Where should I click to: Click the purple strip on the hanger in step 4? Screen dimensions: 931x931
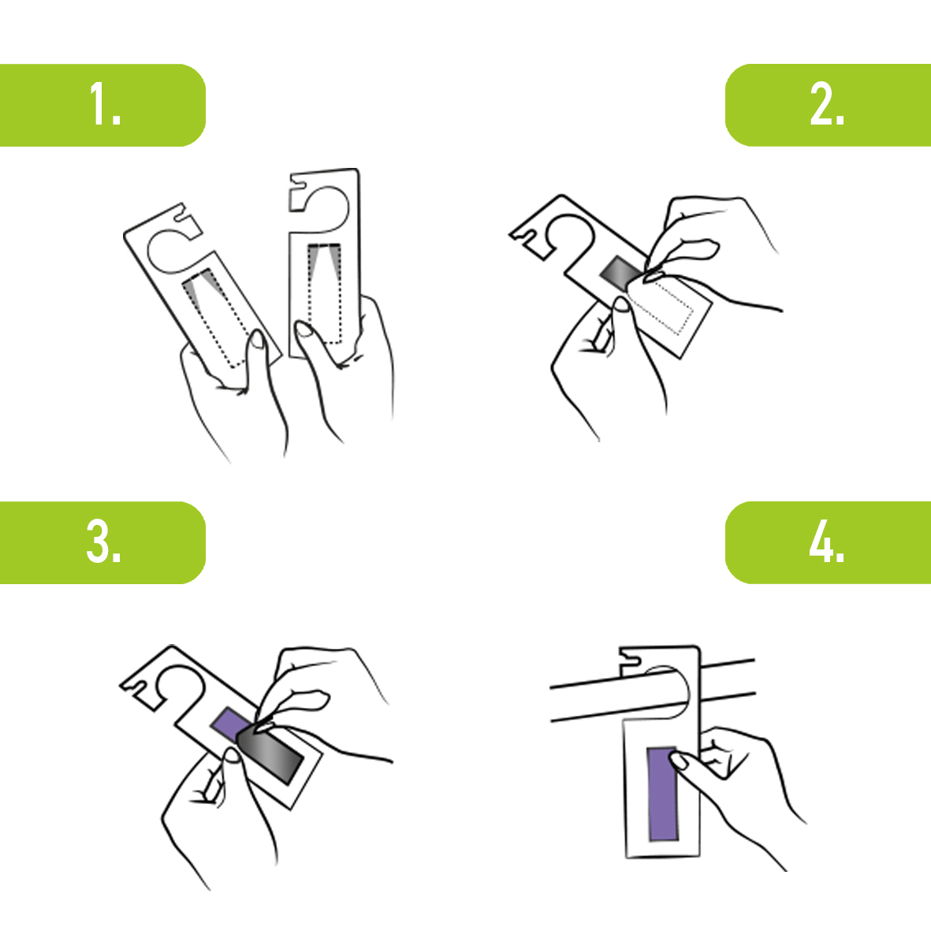tap(663, 795)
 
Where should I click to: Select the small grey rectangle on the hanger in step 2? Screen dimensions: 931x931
tap(621, 273)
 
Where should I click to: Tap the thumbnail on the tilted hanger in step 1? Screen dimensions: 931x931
tap(258, 339)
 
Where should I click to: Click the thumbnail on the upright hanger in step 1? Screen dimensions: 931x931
tap(304, 329)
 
